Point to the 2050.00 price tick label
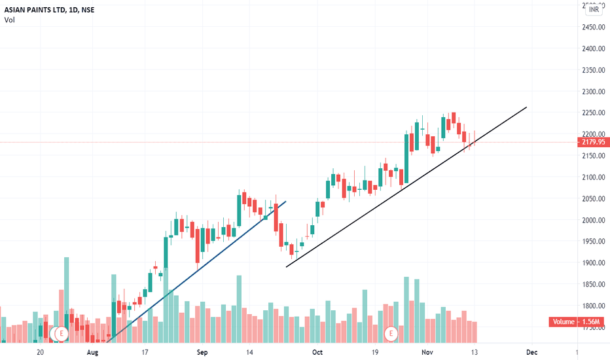tap(592, 199)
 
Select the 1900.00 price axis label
tap(592, 263)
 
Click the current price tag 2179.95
tap(594, 142)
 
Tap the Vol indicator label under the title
tap(9, 20)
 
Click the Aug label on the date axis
tap(92, 352)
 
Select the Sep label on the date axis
tap(202, 352)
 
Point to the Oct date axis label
tap(317, 352)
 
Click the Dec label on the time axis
tap(531, 352)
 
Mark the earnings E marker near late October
tap(391, 333)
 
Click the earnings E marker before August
tap(60, 333)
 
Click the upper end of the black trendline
tap(526, 107)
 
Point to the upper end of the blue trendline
tap(286, 201)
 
